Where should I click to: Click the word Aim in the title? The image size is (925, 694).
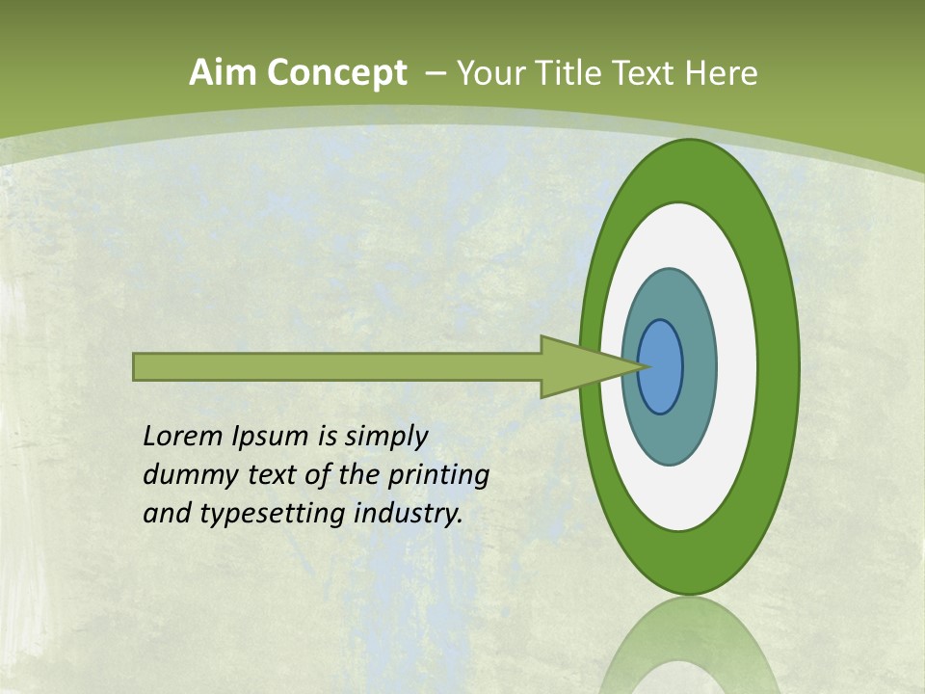223,73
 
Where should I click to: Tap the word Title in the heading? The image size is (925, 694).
573,73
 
